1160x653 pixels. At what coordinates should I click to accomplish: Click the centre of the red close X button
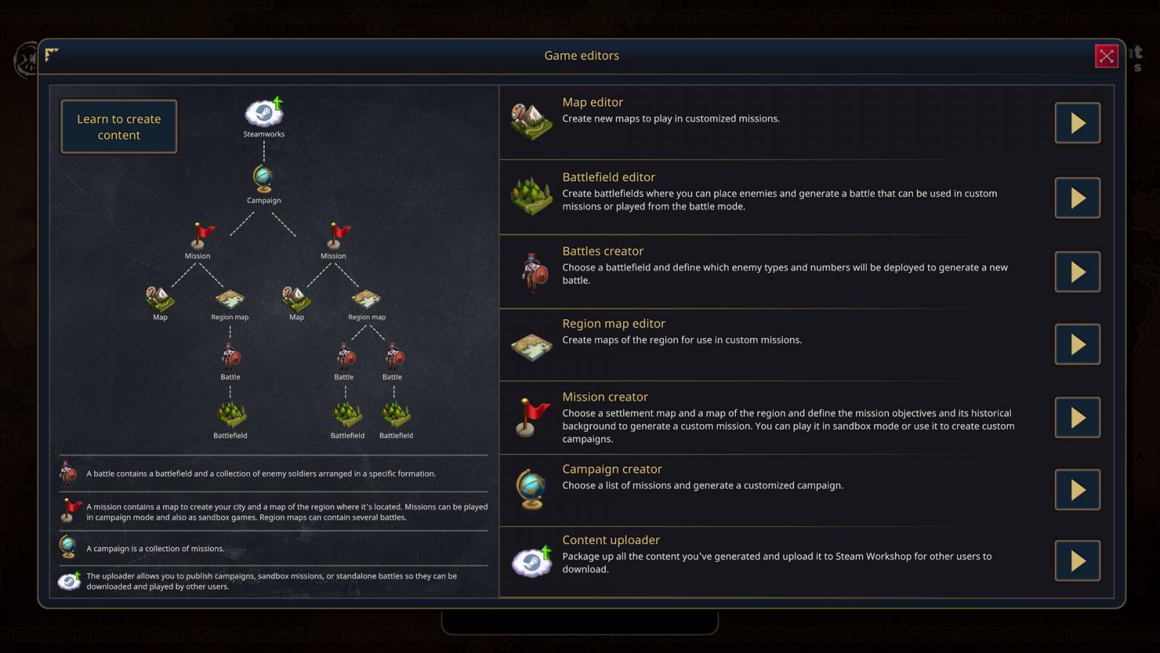pyautogui.click(x=1106, y=56)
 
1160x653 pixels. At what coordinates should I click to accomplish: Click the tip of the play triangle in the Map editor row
pyautogui.click(x=1086, y=123)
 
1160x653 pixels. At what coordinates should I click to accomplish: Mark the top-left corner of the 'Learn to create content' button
pyautogui.click(x=61, y=100)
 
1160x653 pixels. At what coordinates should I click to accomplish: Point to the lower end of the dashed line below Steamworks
pyautogui.click(x=264, y=162)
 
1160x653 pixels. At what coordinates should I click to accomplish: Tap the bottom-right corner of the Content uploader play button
pyautogui.click(x=1101, y=581)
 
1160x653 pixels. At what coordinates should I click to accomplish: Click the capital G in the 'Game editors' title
pyautogui.click(x=548, y=55)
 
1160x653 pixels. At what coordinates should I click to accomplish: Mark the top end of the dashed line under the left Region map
pyautogui.click(x=230, y=326)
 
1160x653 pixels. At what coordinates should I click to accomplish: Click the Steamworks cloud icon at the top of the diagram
pyautogui.click(x=264, y=112)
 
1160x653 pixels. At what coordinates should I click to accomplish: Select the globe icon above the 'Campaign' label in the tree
pyautogui.click(x=264, y=178)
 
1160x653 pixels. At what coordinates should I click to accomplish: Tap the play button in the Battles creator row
pyautogui.click(x=1077, y=272)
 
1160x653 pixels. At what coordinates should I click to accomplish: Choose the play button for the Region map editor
pyautogui.click(x=1077, y=345)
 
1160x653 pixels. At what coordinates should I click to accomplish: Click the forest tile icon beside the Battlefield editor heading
pyautogui.click(x=531, y=196)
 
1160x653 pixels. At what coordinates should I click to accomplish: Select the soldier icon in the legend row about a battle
pyautogui.click(x=68, y=473)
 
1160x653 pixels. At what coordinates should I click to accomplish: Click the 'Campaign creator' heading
pyautogui.click(x=612, y=469)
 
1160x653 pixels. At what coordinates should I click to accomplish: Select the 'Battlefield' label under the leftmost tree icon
pyautogui.click(x=230, y=435)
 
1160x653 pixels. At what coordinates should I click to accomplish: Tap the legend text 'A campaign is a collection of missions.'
pyautogui.click(x=155, y=549)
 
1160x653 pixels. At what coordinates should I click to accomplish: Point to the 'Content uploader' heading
pyautogui.click(x=611, y=540)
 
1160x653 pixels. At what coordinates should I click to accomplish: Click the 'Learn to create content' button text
pyautogui.click(x=119, y=127)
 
